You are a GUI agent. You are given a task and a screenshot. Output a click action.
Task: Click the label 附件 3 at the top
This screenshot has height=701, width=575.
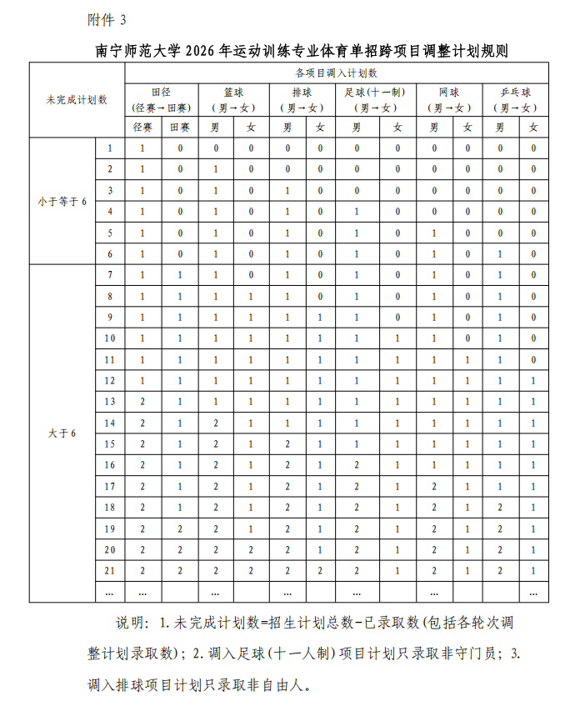tap(107, 18)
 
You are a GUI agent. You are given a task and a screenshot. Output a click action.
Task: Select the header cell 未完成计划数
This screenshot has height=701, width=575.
tap(77, 99)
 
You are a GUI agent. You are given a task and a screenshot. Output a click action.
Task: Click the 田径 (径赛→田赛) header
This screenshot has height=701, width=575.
tap(162, 99)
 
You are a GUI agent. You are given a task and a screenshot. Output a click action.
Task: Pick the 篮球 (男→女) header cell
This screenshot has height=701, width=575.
tap(233, 99)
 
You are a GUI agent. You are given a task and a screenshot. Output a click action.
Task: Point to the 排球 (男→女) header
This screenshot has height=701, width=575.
tap(302, 99)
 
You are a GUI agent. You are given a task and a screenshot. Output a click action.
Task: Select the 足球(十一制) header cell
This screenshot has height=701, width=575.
tap(374, 99)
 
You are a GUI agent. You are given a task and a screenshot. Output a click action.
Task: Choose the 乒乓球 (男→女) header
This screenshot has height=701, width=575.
tap(515, 99)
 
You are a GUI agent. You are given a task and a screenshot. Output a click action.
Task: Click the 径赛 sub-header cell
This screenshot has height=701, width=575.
tap(142, 127)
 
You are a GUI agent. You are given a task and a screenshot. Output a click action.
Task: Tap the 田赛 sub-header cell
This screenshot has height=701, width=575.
tap(180, 127)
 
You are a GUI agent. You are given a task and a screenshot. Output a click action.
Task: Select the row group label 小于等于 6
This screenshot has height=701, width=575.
tap(62, 202)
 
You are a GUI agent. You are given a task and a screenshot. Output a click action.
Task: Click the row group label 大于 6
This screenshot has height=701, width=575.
tap(62, 433)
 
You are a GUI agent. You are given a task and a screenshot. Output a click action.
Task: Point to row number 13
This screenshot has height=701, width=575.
tap(110, 402)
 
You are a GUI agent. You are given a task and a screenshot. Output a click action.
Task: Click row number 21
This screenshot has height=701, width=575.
tap(110, 570)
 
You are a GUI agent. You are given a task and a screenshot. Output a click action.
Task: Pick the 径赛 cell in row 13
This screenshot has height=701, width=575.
tap(142, 402)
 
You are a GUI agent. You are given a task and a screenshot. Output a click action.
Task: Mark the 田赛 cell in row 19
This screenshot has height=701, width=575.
tap(180, 528)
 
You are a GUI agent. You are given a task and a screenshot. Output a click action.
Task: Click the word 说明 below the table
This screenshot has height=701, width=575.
tap(131, 623)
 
